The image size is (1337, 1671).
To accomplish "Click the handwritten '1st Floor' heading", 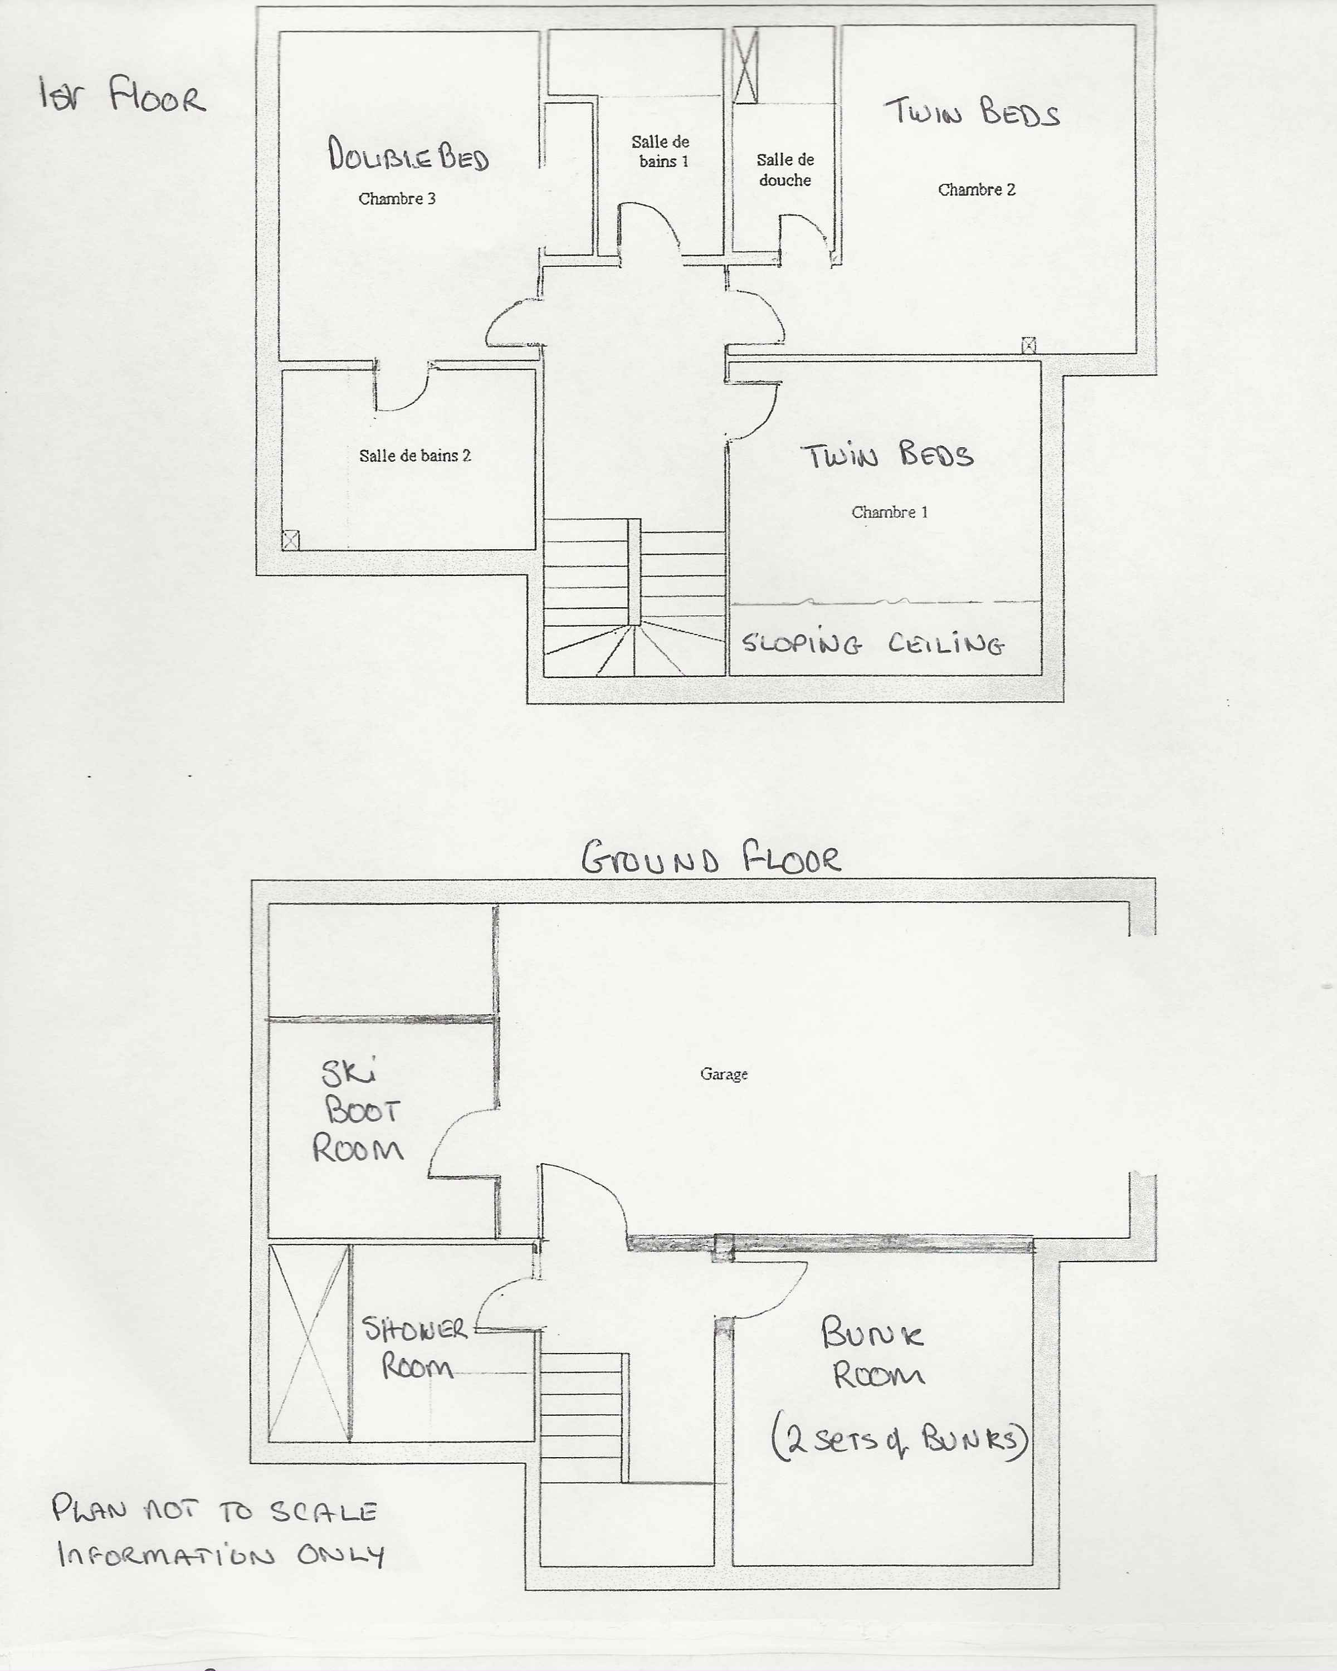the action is (x=123, y=95).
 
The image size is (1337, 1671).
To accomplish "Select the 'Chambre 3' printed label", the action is (x=397, y=198).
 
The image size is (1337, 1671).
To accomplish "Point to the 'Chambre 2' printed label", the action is (x=977, y=190).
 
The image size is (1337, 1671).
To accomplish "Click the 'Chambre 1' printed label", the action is (x=890, y=512).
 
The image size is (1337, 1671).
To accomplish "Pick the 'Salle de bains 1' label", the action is (x=660, y=151).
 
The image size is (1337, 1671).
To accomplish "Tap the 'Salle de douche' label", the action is (x=785, y=170).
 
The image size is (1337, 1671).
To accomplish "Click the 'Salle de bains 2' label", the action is (x=414, y=456).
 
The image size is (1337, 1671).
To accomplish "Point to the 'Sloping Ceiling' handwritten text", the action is (x=873, y=643).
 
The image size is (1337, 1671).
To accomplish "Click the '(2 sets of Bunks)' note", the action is (x=900, y=1441).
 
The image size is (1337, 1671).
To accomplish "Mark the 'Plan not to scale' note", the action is (x=214, y=1511).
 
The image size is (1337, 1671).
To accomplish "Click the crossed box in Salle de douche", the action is (x=745, y=65).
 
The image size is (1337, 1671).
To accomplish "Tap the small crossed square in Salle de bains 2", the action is (x=291, y=539).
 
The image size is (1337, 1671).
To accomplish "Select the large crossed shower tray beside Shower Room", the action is (x=309, y=1343).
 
